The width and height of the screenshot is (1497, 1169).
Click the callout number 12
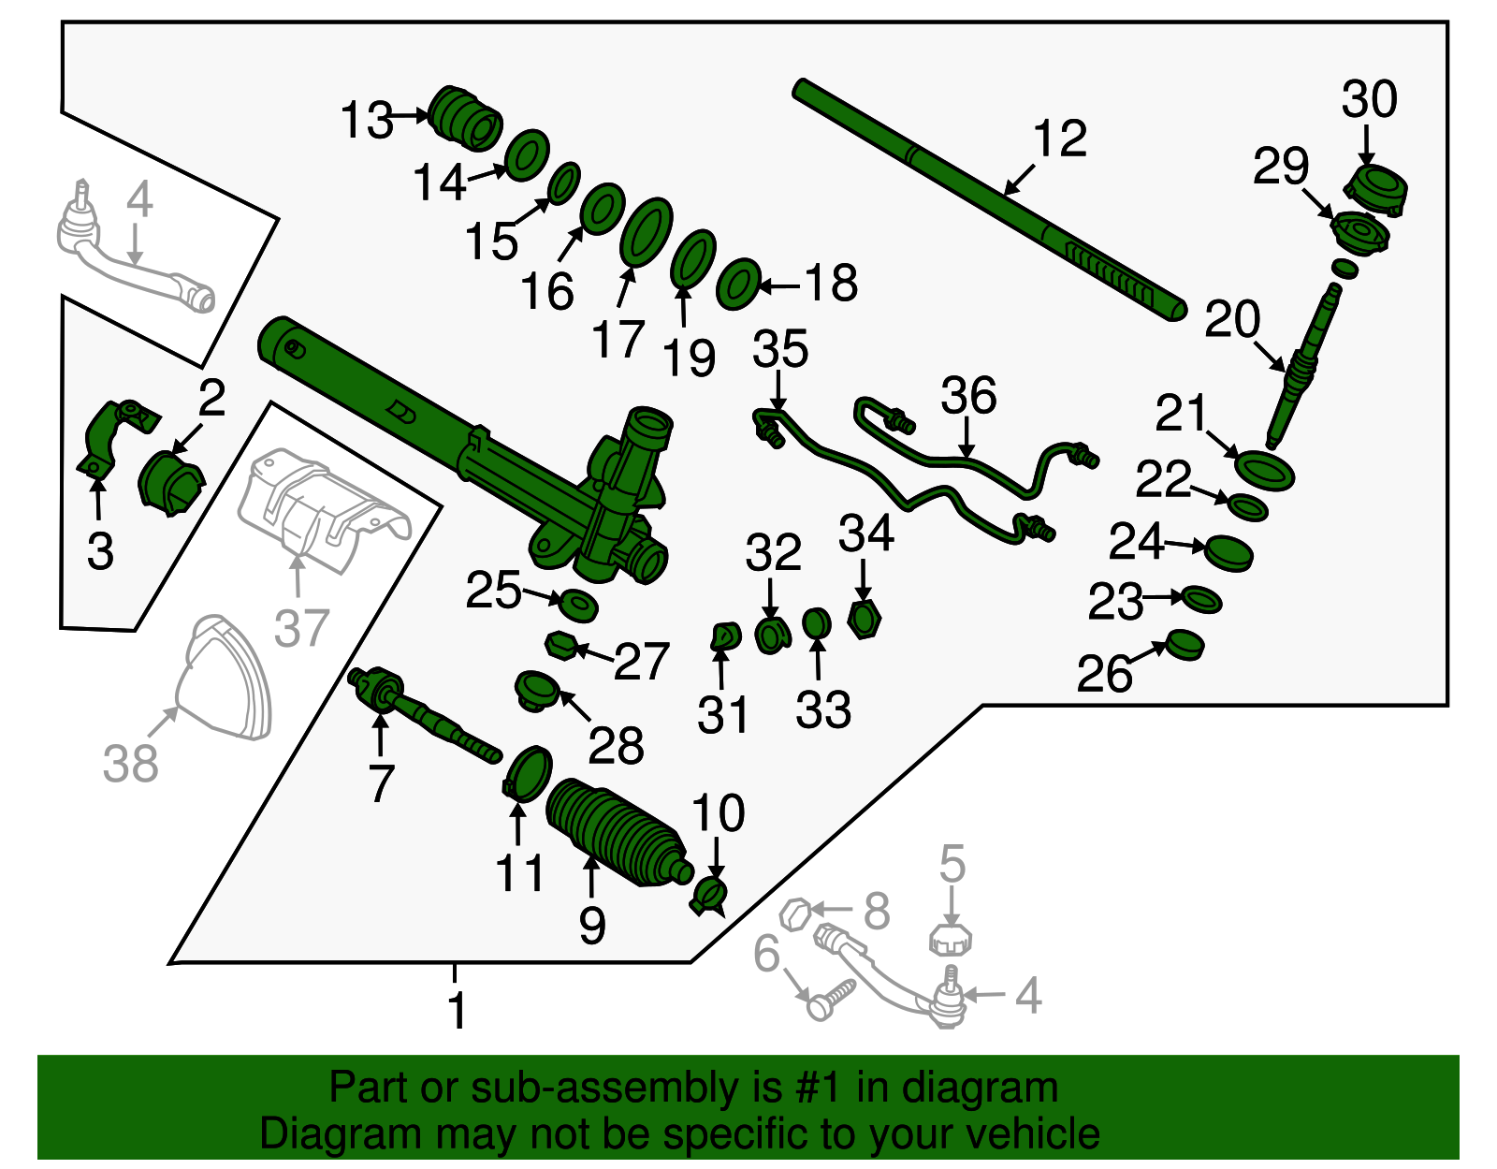pos(1060,139)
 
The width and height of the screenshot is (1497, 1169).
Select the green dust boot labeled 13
pos(466,118)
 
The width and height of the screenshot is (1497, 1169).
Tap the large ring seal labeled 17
pos(646,232)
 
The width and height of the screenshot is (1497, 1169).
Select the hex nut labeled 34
pos(865,620)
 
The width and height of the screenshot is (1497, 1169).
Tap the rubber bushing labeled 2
pos(171,482)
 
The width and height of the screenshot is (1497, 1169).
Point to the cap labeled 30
pos(1376,190)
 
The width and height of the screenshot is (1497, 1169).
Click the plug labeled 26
pos(1185,646)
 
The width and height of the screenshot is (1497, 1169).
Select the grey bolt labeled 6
pos(829,999)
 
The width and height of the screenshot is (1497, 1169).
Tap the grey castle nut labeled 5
pos(951,939)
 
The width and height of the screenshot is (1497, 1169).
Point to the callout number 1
pos(456,1011)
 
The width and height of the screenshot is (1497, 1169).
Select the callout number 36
pos(967,395)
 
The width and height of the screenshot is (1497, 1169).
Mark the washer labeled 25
pos(578,605)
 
